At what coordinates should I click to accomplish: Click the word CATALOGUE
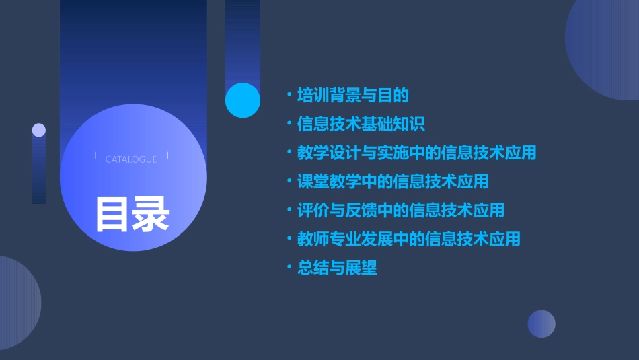(131, 159)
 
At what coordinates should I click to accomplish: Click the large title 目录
(132, 213)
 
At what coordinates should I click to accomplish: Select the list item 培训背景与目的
(353, 96)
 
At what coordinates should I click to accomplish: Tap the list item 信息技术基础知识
(361, 124)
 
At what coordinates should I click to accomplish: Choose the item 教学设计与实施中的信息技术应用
(417, 153)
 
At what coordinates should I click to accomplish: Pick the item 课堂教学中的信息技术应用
(393, 182)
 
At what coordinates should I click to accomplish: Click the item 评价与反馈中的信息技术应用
(401, 210)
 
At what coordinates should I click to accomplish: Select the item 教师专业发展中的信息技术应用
(409, 239)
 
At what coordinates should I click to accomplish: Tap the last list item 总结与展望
(337, 268)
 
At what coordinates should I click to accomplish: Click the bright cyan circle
(243, 100)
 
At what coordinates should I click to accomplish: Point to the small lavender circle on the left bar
(39, 130)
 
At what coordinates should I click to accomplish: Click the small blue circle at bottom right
(541, 324)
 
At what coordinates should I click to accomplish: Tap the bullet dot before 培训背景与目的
(289, 96)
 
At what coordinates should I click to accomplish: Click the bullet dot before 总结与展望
(289, 268)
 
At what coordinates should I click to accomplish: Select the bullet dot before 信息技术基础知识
(289, 124)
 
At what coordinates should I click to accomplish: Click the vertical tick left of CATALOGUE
(96, 156)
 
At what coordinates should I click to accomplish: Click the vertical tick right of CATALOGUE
(167, 156)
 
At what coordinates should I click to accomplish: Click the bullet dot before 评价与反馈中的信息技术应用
(289, 210)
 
